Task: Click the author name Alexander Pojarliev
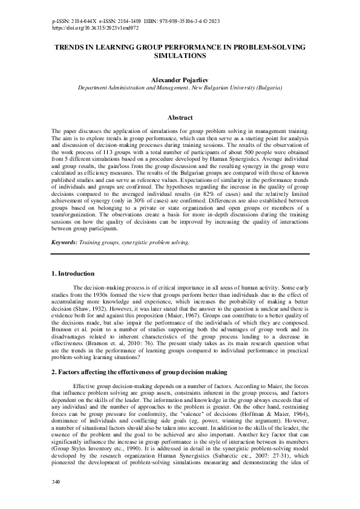(x=180, y=79)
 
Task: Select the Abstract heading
(x=180, y=118)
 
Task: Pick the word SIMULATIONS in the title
(x=180, y=55)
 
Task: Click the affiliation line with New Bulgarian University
(x=180, y=88)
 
